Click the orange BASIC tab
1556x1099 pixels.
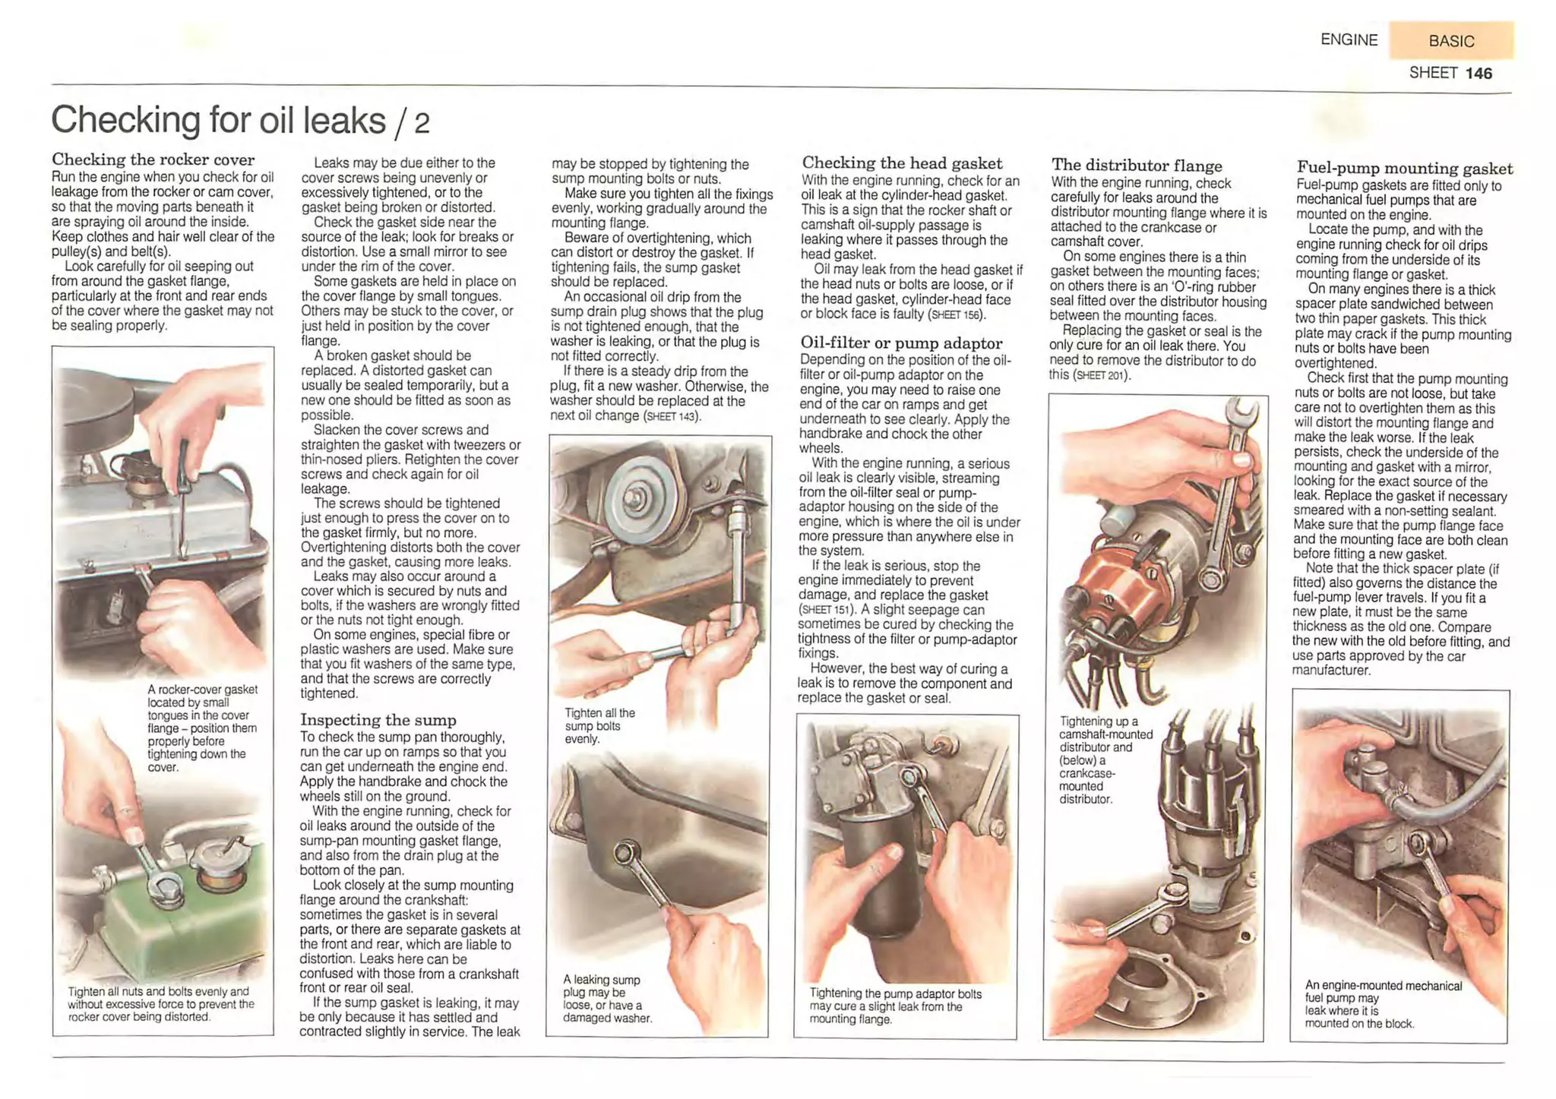[x=1451, y=40]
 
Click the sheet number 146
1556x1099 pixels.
[x=1479, y=73]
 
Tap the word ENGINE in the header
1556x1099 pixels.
[x=1349, y=39]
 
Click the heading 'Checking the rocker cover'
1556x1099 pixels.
[x=153, y=159]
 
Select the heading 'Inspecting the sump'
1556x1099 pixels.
[x=378, y=719]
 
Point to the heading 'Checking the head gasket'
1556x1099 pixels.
[x=902, y=163]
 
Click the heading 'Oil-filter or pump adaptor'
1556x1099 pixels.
[x=901, y=343]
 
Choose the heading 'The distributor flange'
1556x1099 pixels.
[x=1137, y=165]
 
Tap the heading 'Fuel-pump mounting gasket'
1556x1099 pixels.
[x=1404, y=168]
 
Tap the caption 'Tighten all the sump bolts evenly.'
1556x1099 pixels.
[x=599, y=725]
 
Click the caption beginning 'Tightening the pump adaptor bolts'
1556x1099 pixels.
[x=895, y=1006]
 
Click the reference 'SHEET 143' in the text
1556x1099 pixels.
[x=671, y=417]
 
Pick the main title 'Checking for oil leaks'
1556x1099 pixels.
[x=219, y=120]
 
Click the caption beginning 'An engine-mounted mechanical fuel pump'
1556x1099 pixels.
[x=1383, y=1004]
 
